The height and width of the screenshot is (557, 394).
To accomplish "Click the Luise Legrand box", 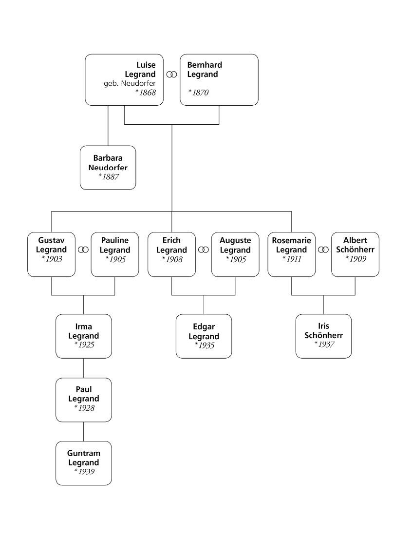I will coord(124,79).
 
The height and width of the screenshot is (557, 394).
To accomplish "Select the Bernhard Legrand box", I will coord(219,79).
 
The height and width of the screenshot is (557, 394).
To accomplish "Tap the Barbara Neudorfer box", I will coord(108,167).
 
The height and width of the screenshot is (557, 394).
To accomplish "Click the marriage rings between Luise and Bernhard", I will coord(171,75).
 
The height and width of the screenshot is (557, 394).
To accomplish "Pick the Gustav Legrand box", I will coord(52,254).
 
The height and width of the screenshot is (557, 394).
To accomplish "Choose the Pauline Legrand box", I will coord(115,254).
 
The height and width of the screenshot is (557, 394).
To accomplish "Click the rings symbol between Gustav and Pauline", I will coord(83,250).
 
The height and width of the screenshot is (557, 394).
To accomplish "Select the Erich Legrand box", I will coord(171,254).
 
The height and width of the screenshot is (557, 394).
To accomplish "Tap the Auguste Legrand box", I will coord(235,254).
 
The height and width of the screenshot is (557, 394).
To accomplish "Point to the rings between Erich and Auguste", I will coord(204,250).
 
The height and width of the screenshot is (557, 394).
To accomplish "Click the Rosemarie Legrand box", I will coord(292,254).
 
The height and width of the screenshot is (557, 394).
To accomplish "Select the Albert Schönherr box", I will coord(355,254).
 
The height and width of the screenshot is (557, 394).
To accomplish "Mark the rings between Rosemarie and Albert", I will coord(323,250).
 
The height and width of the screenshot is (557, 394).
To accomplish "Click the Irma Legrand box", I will coord(83,336).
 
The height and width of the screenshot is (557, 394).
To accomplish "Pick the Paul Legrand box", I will coord(83,399).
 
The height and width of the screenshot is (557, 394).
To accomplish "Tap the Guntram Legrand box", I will coord(83,462).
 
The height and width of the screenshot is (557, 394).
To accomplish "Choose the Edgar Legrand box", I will coord(204,336).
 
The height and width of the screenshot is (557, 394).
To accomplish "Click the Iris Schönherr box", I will coord(323,336).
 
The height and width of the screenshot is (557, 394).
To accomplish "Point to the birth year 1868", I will coord(146,92).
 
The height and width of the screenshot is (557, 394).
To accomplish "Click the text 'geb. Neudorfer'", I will coord(130,83).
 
